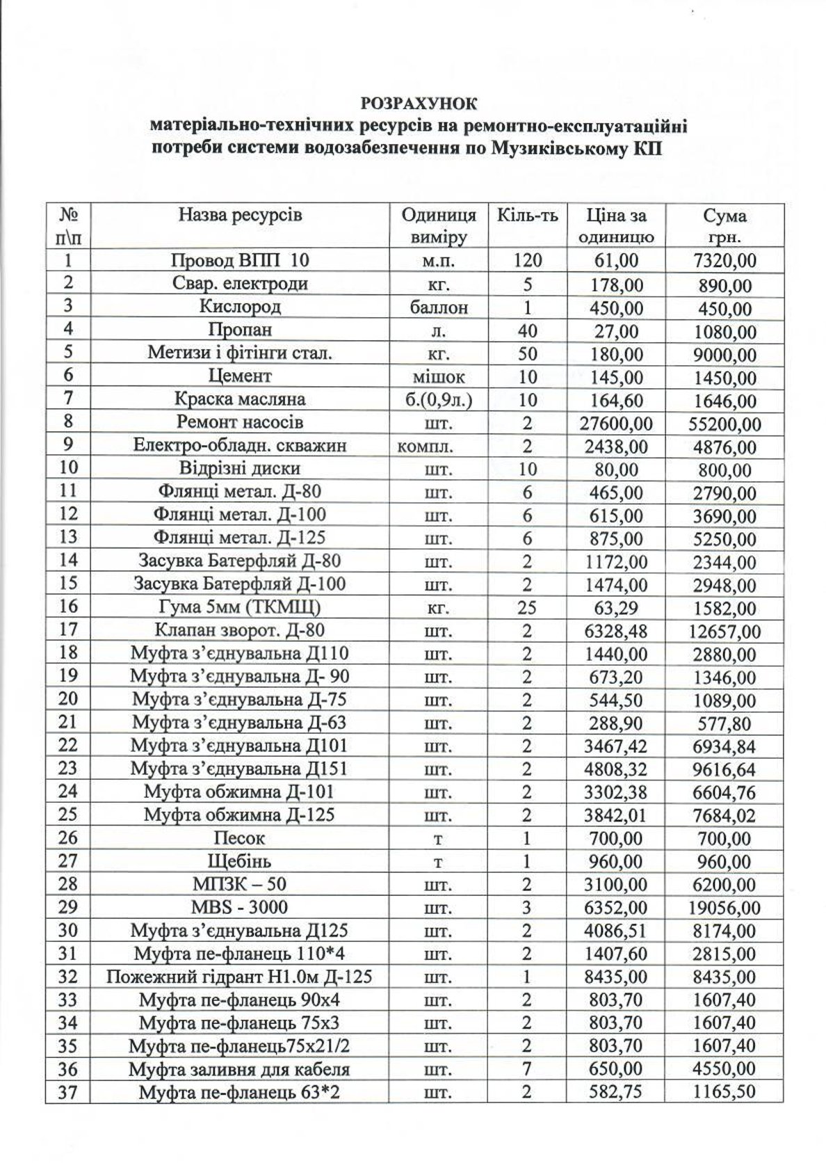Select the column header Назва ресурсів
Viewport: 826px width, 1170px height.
pos(240,215)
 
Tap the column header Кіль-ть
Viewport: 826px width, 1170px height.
pos(527,215)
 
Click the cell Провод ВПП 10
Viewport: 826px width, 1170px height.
pos(240,261)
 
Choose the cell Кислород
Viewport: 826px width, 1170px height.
pos(240,307)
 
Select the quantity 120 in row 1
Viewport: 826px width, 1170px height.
pos(527,261)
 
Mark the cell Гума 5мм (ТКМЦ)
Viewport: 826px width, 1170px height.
pos(240,607)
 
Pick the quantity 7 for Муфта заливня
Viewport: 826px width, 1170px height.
pos(527,1070)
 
